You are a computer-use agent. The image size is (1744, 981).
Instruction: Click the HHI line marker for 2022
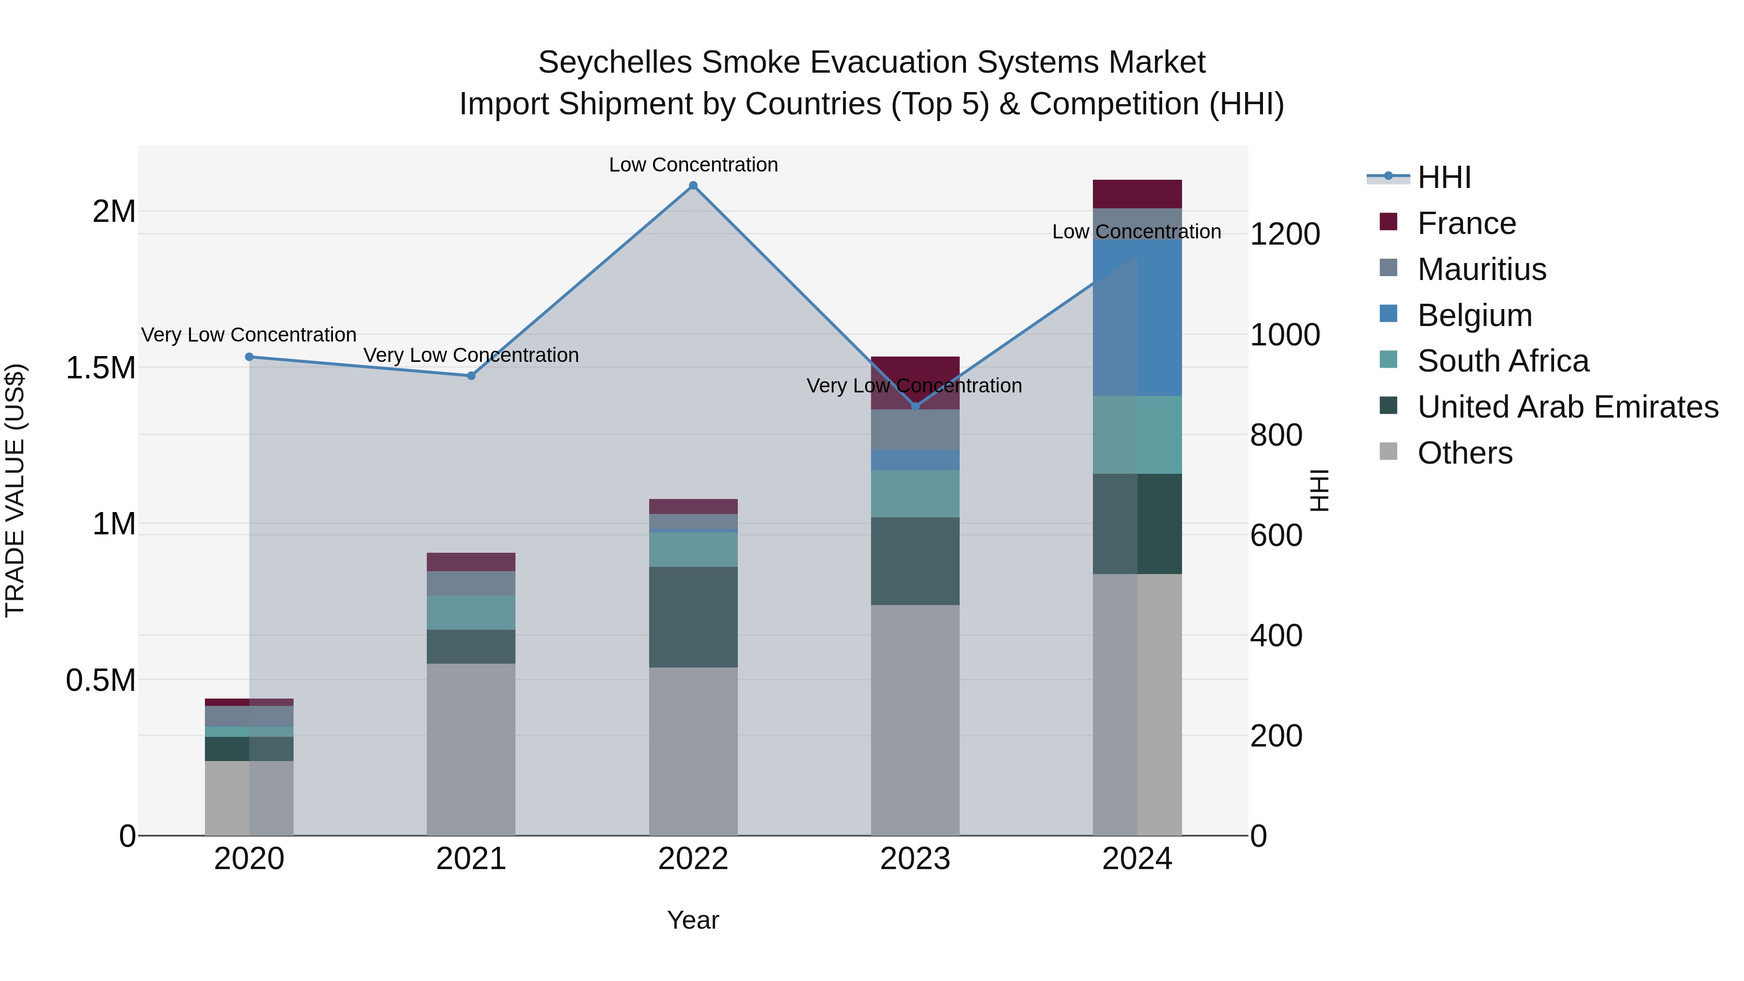tap(693, 186)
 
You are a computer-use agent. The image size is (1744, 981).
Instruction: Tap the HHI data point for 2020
tap(249, 357)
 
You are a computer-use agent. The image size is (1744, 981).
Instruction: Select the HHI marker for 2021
tap(471, 376)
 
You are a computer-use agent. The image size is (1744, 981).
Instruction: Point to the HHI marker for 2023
tap(915, 406)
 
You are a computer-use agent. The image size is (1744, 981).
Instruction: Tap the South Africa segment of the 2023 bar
tap(915, 494)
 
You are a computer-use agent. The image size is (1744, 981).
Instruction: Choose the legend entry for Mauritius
tap(1481, 269)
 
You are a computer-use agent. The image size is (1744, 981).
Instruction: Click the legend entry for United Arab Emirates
tap(1567, 407)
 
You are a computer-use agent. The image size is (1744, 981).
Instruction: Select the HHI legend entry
tap(1444, 177)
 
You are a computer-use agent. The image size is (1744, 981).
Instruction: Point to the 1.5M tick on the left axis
tap(100, 368)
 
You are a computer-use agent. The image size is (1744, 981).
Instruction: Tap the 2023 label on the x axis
tap(915, 859)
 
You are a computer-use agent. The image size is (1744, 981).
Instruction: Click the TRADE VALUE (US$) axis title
tap(15, 490)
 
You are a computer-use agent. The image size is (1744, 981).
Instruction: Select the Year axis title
tap(693, 920)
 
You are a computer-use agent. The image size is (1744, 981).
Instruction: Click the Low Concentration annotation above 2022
tap(693, 165)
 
